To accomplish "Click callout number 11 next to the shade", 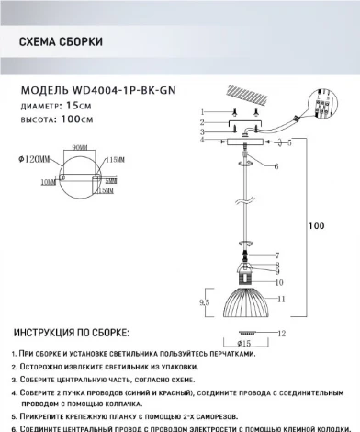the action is click(284, 301).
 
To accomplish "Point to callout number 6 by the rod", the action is click(276, 165).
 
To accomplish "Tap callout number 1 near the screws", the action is click(199, 111).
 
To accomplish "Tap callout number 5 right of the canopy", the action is click(291, 143).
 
